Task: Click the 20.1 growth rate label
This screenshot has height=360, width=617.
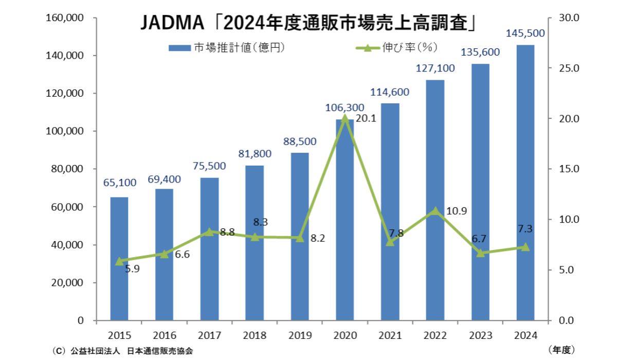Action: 368,119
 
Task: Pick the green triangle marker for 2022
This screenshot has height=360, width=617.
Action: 435,211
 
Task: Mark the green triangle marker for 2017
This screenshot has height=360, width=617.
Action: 209,232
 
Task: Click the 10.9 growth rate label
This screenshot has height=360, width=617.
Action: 456,211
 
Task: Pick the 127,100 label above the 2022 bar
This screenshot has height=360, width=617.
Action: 435,69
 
